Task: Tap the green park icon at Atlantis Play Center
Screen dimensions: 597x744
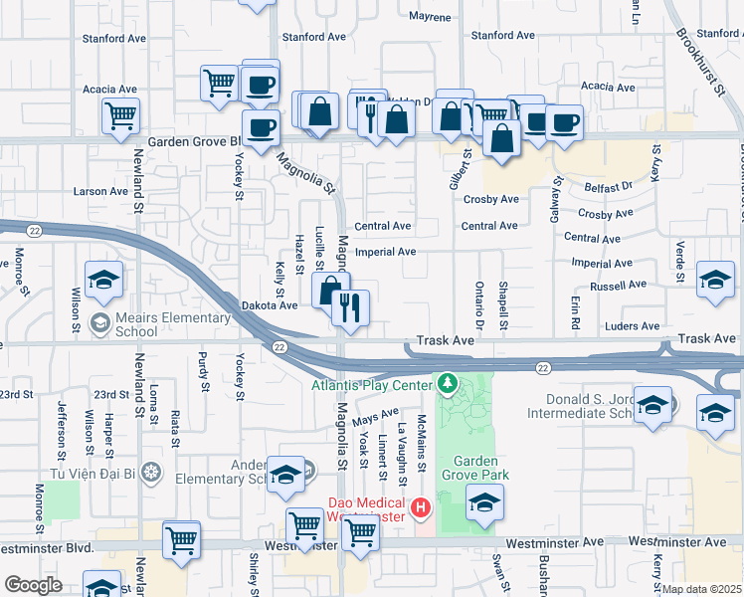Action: [448, 383]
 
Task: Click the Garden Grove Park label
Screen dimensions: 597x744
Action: [481, 468]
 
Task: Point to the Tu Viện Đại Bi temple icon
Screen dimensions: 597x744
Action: [150, 471]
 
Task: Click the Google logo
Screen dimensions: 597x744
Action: [33, 584]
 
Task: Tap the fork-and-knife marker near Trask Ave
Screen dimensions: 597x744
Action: [350, 307]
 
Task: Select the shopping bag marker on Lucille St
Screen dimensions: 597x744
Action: [330, 292]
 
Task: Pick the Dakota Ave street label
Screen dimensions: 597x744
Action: [270, 305]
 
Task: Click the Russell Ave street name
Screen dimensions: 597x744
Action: [619, 286]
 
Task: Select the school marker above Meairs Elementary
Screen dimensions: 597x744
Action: [103, 282]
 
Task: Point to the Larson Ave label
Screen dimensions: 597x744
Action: [99, 191]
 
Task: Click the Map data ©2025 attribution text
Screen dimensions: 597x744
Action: [702, 589]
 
